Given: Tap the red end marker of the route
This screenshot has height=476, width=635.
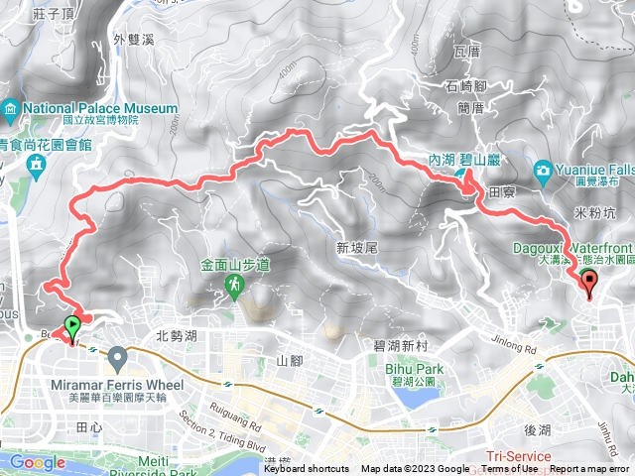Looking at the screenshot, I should point(591,286).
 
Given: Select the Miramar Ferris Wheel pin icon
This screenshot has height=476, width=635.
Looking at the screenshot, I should point(118,355).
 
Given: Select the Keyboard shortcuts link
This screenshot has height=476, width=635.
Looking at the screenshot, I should point(307,469).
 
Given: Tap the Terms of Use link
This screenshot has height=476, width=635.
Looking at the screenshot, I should point(510,469).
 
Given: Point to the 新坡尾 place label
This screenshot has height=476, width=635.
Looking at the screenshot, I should point(354,247).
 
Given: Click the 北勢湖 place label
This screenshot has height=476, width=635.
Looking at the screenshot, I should point(177,335).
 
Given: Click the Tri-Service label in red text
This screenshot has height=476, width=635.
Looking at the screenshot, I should point(519,454).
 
